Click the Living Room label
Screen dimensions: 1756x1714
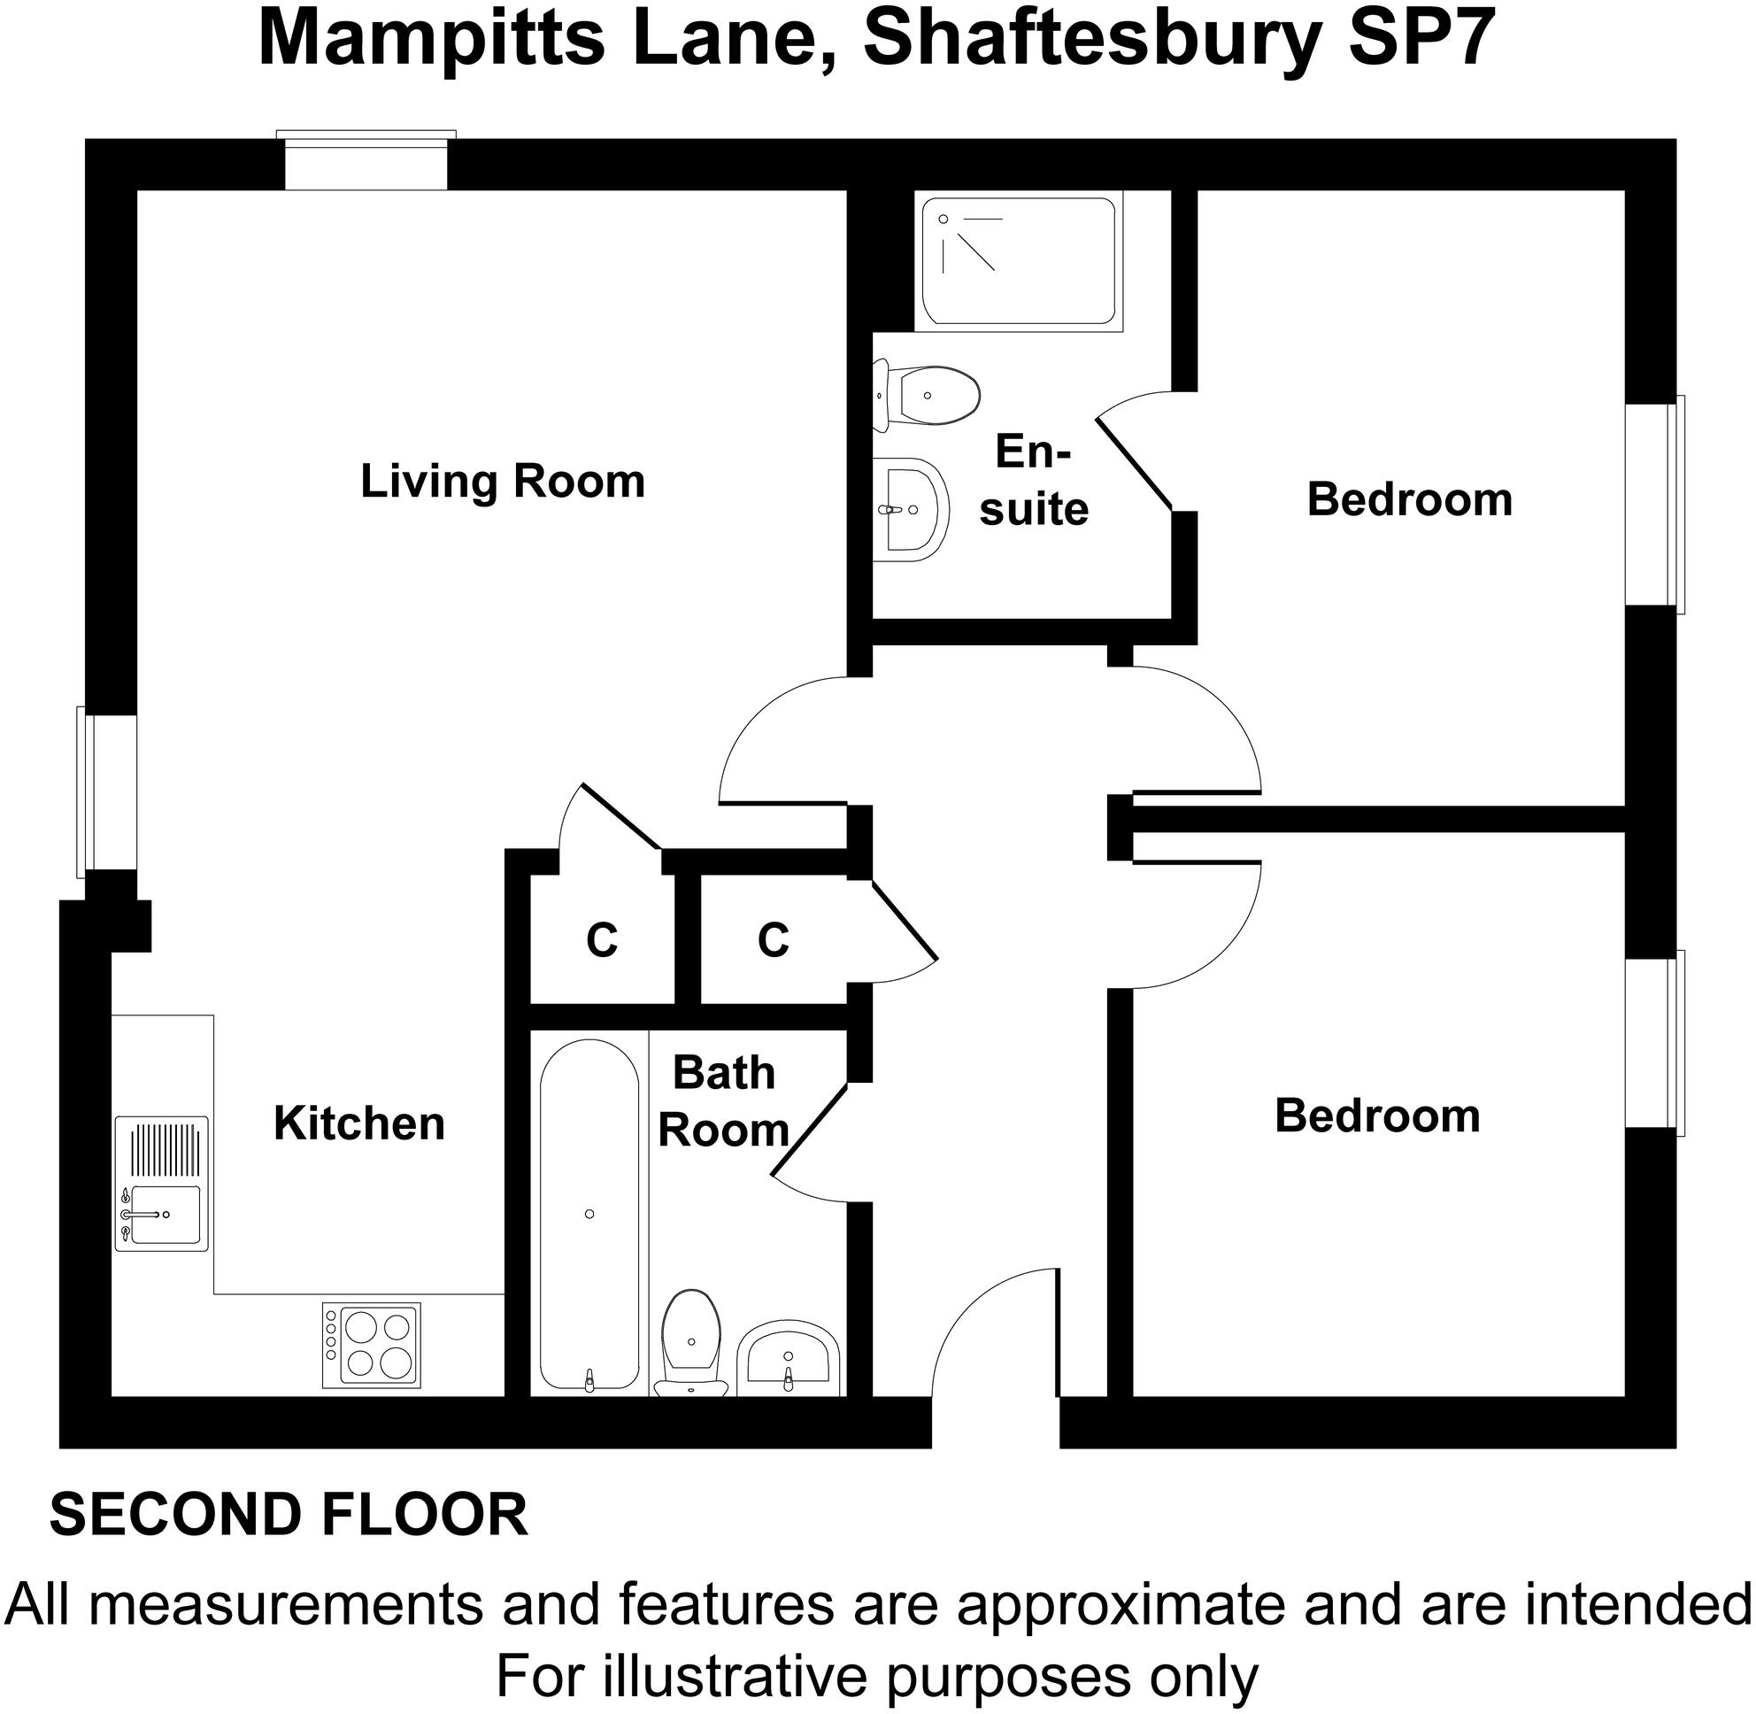tap(502, 482)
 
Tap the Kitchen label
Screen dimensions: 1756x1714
tap(359, 1123)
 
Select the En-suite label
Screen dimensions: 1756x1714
tap(1033, 481)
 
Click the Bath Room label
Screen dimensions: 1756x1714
tap(724, 1101)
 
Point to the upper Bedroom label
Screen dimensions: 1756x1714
tap(1408, 499)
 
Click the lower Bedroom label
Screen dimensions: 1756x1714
tap(1377, 1116)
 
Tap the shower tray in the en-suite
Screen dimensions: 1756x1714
tap(1018, 261)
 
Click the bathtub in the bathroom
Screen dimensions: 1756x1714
tap(589, 1215)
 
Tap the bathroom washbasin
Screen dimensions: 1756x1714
tap(789, 1359)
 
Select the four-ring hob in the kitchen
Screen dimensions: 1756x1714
tap(371, 1345)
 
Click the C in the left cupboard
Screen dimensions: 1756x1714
tap(602, 941)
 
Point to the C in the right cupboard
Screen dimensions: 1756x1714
tap(774, 940)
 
